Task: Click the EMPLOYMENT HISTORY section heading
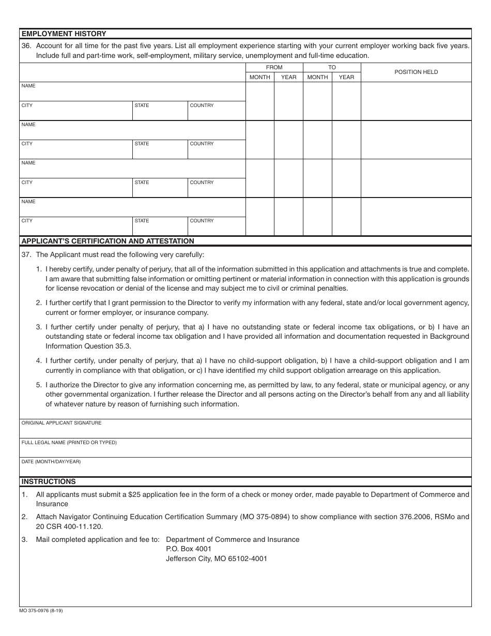click(64, 34)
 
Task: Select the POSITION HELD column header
click(416, 72)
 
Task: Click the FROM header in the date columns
click(274, 67)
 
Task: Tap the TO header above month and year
click(332, 67)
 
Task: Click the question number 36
click(26, 46)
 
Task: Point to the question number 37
click(26, 255)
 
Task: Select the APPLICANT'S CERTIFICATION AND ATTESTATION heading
click(108, 241)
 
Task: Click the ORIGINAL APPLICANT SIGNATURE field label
click(61, 423)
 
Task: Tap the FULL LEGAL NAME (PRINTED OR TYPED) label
click(69, 443)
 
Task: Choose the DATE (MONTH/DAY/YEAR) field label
click(51, 462)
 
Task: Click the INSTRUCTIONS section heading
click(48, 481)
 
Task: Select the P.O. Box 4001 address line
click(189, 549)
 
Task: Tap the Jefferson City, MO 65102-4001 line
click(216, 558)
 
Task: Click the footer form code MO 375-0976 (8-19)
click(41, 611)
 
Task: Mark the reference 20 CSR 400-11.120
click(69, 526)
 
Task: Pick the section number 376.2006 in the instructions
click(413, 517)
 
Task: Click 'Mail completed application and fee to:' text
click(98, 539)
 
